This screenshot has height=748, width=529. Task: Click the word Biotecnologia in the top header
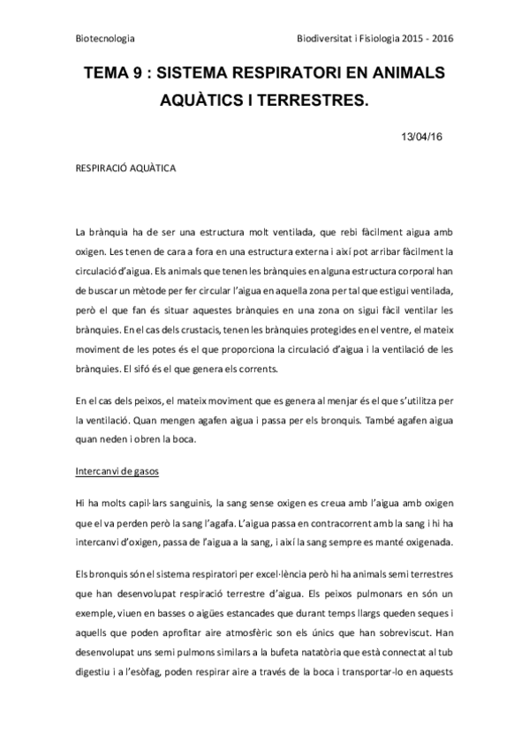point(106,40)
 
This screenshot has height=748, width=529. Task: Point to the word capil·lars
point(148,502)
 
